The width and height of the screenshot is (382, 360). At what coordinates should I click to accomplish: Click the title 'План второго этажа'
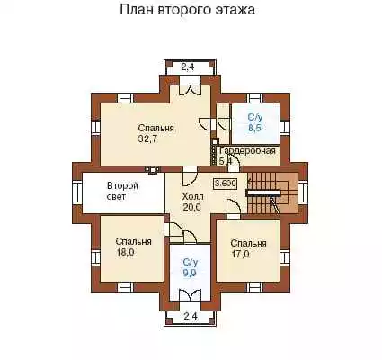(x=188, y=10)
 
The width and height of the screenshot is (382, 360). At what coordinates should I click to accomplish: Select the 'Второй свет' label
(x=122, y=192)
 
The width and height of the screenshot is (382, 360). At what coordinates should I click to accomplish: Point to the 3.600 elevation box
(x=225, y=184)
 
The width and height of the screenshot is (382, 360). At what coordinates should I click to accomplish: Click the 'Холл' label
(x=192, y=197)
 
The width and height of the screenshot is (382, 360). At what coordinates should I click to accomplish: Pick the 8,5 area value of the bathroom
(x=254, y=128)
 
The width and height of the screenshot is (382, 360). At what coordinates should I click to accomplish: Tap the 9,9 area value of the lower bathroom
(x=191, y=273)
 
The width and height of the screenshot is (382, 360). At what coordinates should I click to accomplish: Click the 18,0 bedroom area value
(x=125, y=252)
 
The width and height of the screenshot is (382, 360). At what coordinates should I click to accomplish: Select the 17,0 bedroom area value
(x=240, y=254)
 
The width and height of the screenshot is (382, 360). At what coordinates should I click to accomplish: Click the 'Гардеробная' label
(x=247, y=150)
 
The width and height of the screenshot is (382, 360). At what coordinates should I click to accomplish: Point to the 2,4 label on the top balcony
(x=188, y=67)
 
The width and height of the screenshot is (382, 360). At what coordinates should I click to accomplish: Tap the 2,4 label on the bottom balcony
(x=191, y=316)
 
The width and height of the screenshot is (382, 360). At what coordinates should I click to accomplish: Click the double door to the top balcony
(x=190, y=87)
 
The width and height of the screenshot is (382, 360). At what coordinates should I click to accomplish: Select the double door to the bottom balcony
(x=190, y=296)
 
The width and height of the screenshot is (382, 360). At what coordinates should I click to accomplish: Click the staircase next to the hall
(x=272, y=193)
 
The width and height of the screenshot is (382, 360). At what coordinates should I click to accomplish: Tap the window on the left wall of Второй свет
(x=77, y=193)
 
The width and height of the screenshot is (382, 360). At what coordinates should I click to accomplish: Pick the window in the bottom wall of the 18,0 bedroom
(x=125, y=287)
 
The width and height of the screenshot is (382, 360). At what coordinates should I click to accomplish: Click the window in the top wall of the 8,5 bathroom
(x=254, y=98)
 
